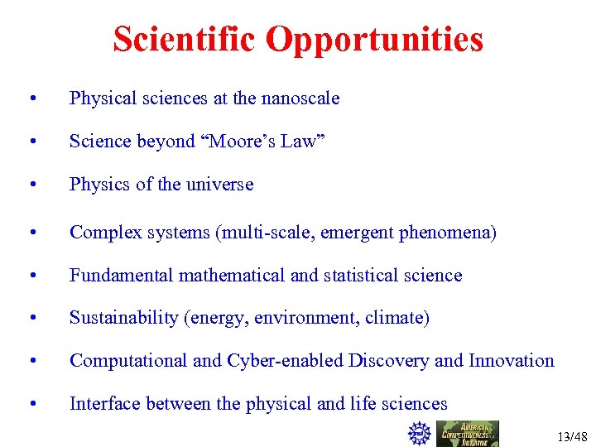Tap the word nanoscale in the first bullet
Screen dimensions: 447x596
click(x=300, y=99)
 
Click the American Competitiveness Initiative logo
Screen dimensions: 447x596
click(x=468, y=433)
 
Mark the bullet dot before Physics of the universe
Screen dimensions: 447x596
click(x=32, y=185)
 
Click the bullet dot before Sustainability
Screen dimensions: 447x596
click(x=32, y=319)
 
